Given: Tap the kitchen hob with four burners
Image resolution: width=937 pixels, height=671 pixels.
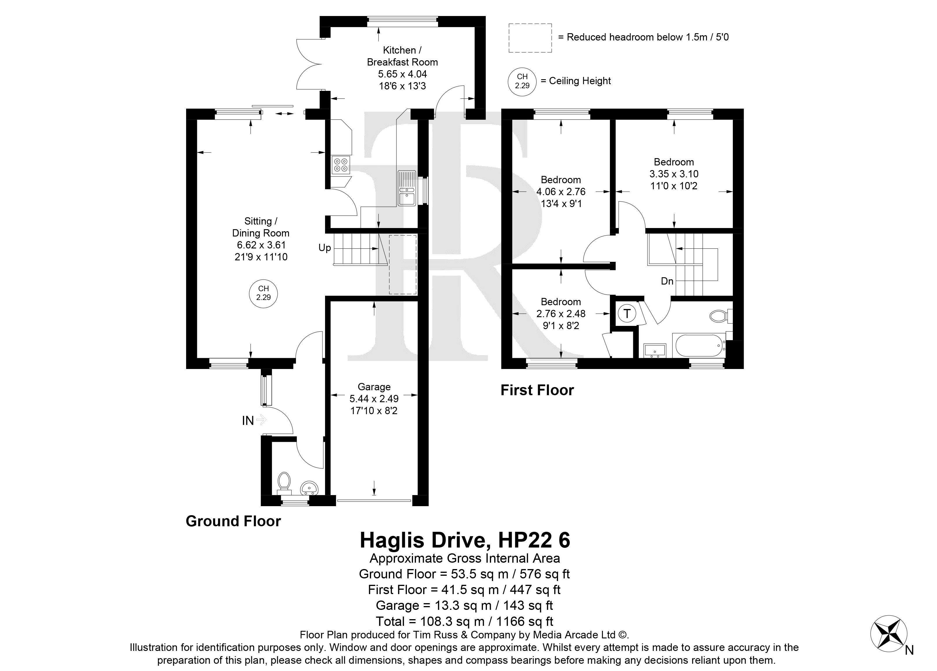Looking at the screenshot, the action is pyautogui.click(x=341, y=165).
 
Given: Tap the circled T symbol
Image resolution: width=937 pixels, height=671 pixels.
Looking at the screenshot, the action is pyautogui.click(x=627, y=314).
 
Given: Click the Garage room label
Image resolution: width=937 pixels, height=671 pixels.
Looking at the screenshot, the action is pyautogui.click(x=374, y=387).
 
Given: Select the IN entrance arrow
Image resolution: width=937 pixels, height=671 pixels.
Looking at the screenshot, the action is pyautogui.click(x=261, y=420).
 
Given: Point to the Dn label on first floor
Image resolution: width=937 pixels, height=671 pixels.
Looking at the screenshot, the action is pyautogui.click(x=667, y=281).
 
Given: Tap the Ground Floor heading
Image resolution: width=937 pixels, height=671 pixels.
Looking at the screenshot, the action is pyautogui.click(x=233, y=521).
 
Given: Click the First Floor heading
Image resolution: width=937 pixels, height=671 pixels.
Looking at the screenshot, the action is pyautogui.click(x=537, y=390).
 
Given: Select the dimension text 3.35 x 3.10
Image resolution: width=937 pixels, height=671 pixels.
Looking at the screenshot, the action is pyautogui.click(x=674, y=174).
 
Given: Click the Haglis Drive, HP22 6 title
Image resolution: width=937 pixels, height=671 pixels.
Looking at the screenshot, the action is pyautogui.click(x=465, y=540).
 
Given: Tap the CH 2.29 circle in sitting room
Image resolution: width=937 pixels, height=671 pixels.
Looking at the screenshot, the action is pyautogui.click(x=263, y=294).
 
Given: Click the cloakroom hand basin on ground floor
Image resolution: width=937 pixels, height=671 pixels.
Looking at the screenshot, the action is pyautogui.click(x=309, y=488).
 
